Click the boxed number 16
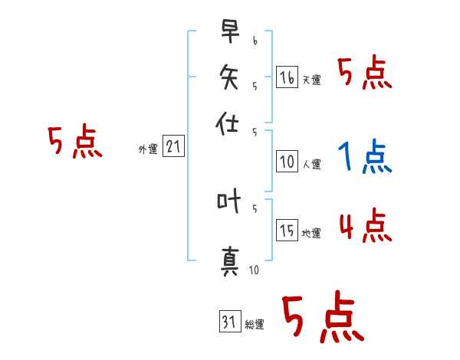pyautogui.click(x=287, y=77)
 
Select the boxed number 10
pyautogui.click(x=287, y=162)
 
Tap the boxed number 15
pyautogui.click(x=287, y=231)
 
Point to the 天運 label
pyautogui.click(x=311, y=80)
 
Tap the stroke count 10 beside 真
pyautogui.click(x=254, y=270)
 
